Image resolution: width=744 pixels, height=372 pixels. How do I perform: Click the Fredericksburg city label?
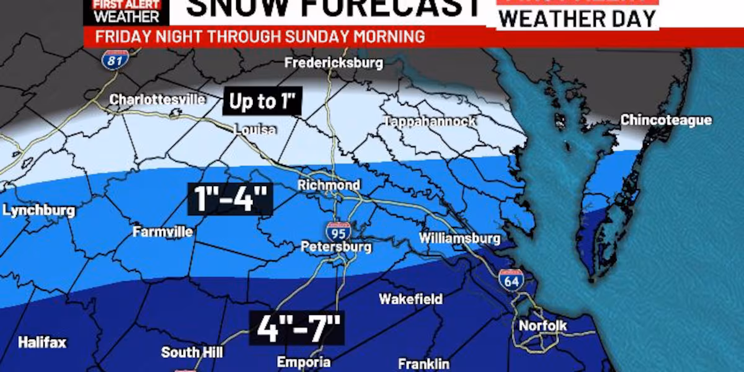click(x=334, y=63)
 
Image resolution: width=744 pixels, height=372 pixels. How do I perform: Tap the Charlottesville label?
click(x=157, y=99)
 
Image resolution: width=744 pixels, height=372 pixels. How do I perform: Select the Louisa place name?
click(x=255, y=130)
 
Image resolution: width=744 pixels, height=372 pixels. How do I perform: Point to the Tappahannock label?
click(x=430, y=122)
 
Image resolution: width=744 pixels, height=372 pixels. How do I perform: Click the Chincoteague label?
click(x=666, y=120)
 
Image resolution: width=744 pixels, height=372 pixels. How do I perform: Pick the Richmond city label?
click(x=329, y=185)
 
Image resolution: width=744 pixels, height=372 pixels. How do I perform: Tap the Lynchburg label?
click(x=38, y=211)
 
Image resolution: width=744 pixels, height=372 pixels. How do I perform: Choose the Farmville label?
click(x=163, y=232)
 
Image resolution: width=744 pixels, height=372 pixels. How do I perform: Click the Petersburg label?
click(x=336, y=247)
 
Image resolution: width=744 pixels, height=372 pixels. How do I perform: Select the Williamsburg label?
click(x=459, y=238)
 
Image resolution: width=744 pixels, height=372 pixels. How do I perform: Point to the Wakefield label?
click(x=411, y=299)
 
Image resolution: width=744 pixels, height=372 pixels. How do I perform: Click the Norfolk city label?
click(x=542, y=325)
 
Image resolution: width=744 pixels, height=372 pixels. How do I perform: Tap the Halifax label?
click(x=42, y=342)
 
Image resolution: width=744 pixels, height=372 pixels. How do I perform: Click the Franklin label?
click(x=423, y=364)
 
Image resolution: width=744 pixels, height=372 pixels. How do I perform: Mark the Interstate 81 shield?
click(x=116, y=59)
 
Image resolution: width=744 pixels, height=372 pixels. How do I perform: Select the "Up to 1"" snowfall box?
click(x=262, y=101)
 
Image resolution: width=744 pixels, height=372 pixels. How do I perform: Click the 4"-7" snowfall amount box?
click(x=296, y=329)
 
